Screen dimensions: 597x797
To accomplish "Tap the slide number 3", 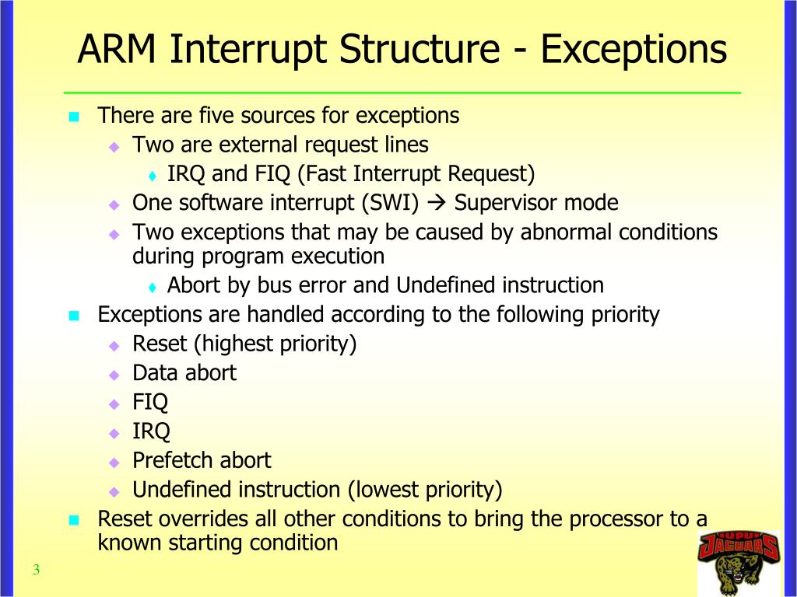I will tap(37, 571).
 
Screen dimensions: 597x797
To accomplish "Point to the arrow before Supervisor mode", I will tap(437, 204).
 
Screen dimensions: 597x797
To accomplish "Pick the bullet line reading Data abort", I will tap(184, 373).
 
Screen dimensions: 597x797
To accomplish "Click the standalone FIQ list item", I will tap(150, 403).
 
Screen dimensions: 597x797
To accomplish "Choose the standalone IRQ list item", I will tap(151, 431).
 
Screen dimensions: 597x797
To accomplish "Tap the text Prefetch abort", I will tap(202, 461).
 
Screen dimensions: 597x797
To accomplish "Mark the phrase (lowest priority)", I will tap(424, 490).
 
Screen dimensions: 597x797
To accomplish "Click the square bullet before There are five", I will tap(75, 117).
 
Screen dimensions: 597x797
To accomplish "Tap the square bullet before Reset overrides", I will tap(75, 521).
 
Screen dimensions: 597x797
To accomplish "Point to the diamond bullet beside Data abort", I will tap(114, 375).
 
